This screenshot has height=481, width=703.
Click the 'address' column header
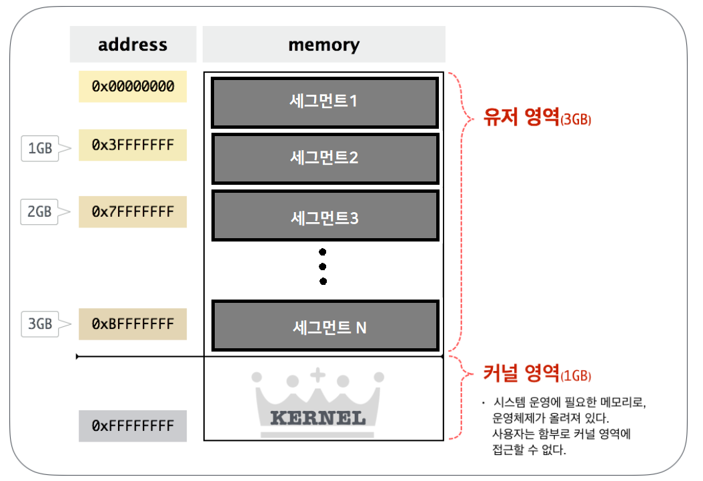pyautogui.click(x=133, y=45)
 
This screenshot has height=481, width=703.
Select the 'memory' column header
pyautogui.click(x=323, y=45)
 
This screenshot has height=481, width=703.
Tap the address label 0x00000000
pyautogui.click(x=133, y=87)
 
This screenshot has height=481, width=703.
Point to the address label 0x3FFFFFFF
pyautogui.click(x=133, y=145)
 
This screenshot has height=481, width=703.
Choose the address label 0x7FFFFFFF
pyautogui.click(x=133, y=212)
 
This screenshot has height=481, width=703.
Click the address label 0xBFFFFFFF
pyautogui.click(x=133, y=324)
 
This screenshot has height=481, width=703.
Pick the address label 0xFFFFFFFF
pyautogui.click(x=133, y=426)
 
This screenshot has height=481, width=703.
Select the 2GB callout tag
pyautogui.click(x=41, y=212)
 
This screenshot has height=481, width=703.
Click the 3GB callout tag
pyautogui.click(x=41, y=324)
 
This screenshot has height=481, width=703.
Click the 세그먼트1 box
pyautogui.click(x=324, y=102)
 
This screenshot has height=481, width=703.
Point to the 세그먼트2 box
pyautogui.click(x=324, y=159)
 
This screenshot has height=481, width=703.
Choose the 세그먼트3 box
pyautogui.click(x=324, y=216)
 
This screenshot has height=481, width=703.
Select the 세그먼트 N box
pyautogui.click(x=324, y=326)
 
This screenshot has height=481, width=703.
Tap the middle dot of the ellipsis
pyautogui.click(x=323, y=267)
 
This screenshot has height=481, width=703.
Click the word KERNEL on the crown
pyautogui.click(x=317, y=419)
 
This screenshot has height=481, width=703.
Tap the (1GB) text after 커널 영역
pyautogui.click(x=576, y=376)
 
